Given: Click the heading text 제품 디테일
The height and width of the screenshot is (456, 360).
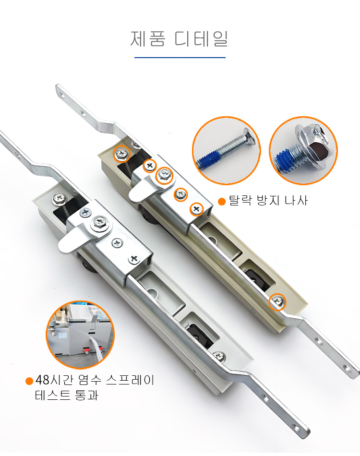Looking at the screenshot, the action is [x=179, y=39].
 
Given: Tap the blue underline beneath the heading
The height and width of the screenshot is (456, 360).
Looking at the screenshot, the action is [x=180, y=58].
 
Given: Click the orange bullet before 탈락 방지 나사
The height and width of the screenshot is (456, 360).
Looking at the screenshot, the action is [x=222, y=202].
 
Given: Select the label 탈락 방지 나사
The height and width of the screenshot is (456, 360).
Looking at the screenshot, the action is [x=268, y=201].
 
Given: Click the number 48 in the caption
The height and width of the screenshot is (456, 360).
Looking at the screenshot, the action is [x=42, y=380].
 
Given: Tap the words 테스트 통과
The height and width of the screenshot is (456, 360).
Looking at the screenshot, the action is [x=67, y=395].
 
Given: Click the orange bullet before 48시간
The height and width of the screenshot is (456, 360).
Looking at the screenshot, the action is [x=29, y=381].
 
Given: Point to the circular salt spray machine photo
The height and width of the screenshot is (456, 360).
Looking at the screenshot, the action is [x=80, y=335].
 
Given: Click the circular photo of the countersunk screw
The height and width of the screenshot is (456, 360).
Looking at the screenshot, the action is [x=227, y=151].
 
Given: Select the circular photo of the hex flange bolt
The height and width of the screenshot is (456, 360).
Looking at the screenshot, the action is [x=303, y=151].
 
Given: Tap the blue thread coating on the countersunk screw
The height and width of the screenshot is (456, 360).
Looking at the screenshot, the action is [x=209, y=161].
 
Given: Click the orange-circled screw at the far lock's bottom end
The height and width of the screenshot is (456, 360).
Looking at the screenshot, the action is [x=277, y=302].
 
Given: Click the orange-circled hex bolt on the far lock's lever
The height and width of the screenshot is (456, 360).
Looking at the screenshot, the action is [x=164, y=175].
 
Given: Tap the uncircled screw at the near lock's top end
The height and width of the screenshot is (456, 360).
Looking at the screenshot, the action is [x=60, y=199].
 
